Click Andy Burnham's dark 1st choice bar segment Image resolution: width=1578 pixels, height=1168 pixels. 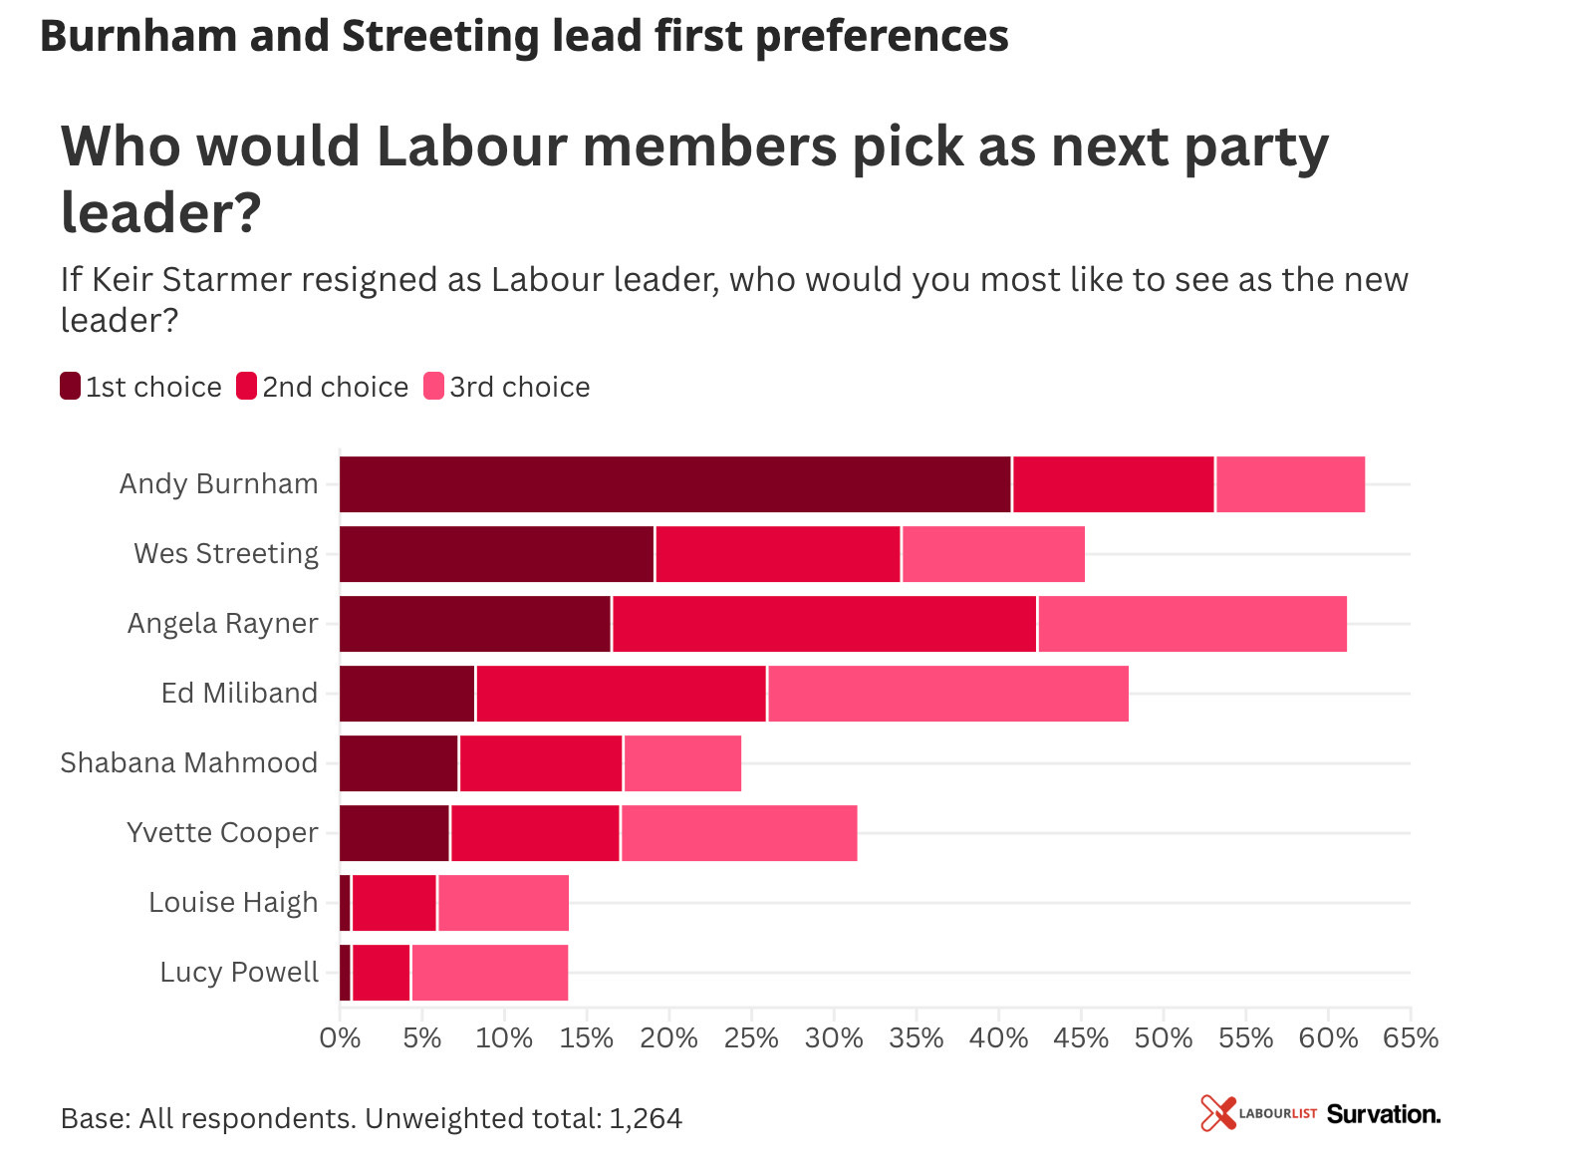[x=674, y=484]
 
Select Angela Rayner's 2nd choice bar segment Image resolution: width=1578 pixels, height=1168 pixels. [x=824, y=624]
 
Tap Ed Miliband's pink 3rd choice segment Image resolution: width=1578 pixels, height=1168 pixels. [x=947, y=694]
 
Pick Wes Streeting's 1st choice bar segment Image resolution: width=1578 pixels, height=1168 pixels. [x=496, y=554]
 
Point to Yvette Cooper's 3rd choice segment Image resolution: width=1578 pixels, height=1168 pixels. [x=738, y=833]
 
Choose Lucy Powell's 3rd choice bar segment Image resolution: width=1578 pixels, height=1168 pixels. [x=489, y=973]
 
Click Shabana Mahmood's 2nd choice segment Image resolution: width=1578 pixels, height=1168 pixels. [x=541, y=763]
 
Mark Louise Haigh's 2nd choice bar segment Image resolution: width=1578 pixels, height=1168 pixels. [x=394, y=903]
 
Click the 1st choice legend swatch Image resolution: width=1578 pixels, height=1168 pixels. [x=71, y=386]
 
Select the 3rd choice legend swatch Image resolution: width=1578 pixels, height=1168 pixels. [x=434, y=386]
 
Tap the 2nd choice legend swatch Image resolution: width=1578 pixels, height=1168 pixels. [x=247, y=386]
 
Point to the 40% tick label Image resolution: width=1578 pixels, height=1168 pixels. [x=998, y=1038]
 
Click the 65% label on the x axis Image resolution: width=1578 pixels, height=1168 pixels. [x=1410, y=1038]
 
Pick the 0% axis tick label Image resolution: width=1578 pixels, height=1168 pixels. [x=340, y=1038]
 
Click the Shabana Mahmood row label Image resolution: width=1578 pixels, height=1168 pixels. [x=189, y=763]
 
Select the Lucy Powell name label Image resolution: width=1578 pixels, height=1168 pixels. [x=239, y=973]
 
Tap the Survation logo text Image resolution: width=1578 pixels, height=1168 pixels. [x=1383, y=1114]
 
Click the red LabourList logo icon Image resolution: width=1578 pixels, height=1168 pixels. [x=1217, y=1113]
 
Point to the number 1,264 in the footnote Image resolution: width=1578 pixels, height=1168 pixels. [x=646, y=1119]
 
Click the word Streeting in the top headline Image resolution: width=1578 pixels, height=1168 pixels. [x=441, y=37]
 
